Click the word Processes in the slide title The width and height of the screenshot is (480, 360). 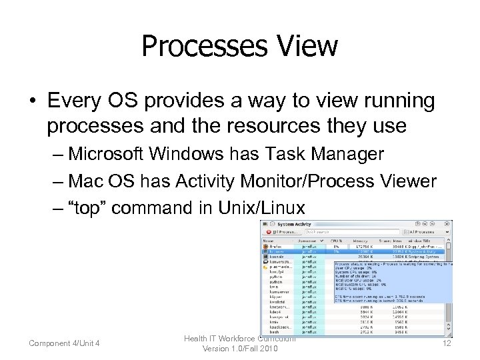point(199,46)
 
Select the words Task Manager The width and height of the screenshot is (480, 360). point(325,154)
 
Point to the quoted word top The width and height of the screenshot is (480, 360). point(89,208)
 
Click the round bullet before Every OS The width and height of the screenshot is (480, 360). point(31,101)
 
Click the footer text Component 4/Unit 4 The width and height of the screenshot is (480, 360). point(64,343)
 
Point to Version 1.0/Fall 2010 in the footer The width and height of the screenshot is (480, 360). point(240,349)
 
